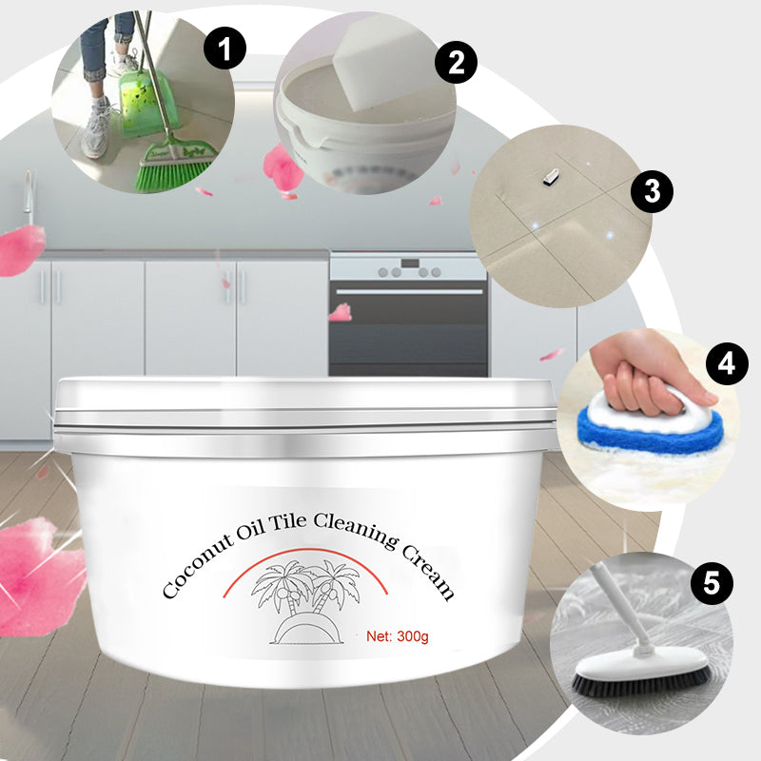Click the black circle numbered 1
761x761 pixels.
click(x=224, y=48)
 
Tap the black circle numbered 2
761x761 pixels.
click(x=456, y=62)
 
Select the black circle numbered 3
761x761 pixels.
click(x=652, y=191)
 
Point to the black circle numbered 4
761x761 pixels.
click(x=727, y=363)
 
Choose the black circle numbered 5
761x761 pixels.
click(x=712, y=582)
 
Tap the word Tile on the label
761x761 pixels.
click(x=288, y=522)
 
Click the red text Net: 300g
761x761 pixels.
click(x=398, y=635)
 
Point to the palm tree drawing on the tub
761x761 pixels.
click(x=305, y=602)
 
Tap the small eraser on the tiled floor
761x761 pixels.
click(x=551, y=177)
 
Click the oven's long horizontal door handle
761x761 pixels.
click(x=409, y=291)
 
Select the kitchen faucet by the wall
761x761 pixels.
click(x=29, y=197)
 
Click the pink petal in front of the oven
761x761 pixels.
click(x=341, y=312)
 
